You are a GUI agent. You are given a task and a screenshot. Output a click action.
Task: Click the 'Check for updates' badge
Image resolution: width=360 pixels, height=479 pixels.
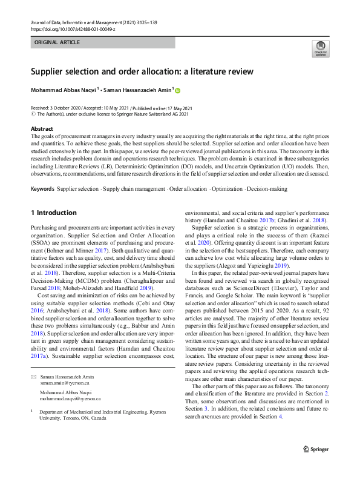[x=320, y=49]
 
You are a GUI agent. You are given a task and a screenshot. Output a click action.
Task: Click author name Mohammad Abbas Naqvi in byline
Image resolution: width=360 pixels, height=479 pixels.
[x=63, y=90]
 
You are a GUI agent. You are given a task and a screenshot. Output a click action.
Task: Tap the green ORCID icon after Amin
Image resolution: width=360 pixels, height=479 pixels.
[x=178, y=91]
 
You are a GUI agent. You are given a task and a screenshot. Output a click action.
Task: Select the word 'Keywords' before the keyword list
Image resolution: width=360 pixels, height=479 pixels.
[x=42, y=190]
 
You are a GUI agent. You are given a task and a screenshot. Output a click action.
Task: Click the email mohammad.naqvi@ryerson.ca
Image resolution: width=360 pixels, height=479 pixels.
[x=70, y=400]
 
